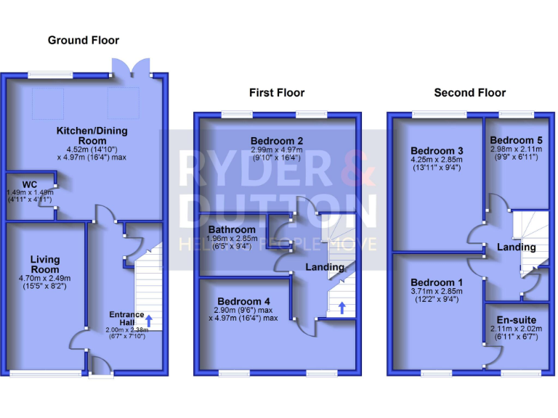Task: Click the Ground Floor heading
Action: coord(84,40)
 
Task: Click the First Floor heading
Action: coord(277,92)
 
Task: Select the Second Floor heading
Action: coord(470,92)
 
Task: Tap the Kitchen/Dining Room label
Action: coord(92,136)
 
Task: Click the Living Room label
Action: coord(45,264)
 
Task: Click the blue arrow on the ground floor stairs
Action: coord(149,320)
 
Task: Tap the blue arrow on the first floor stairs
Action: coord(342,308)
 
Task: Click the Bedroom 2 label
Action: coord(277,141)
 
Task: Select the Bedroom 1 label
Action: coord(435,282)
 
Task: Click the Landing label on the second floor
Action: coord(516,247)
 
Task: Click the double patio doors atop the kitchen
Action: coord(132,67)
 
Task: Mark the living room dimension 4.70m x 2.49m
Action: coord(45,278)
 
